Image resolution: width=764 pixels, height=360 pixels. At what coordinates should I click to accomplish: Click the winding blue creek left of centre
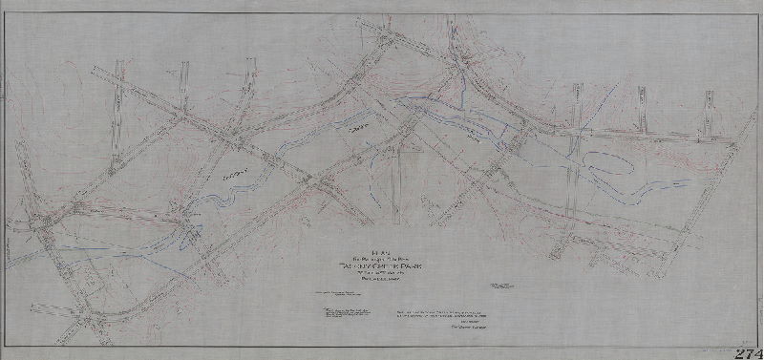click(215, 196)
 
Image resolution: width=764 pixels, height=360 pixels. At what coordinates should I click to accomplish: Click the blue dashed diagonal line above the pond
click(574, 143)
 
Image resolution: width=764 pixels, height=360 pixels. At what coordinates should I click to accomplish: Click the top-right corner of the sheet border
click(757, 12)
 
